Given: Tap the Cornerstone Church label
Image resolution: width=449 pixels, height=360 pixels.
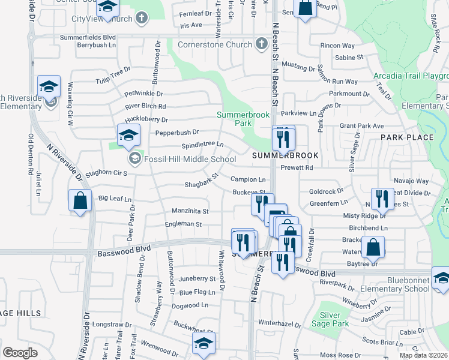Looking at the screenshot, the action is point(214,44).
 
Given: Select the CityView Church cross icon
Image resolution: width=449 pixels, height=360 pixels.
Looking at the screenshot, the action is point(142,19).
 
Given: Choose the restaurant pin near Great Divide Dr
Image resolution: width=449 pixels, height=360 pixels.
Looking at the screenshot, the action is point(381,199).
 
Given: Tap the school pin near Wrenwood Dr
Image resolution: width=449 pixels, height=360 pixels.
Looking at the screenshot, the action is point(203,344).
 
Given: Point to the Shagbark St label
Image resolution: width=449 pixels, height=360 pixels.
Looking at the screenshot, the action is point(199,184).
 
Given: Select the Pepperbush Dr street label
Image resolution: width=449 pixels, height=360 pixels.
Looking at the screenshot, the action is point(176,132).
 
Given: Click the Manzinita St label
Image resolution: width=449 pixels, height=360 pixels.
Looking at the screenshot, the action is point(190,211).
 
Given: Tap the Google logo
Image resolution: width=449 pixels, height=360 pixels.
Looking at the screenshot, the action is point(20,353).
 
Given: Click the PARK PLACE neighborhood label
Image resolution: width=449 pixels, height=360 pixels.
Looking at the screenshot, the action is point(407,137).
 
